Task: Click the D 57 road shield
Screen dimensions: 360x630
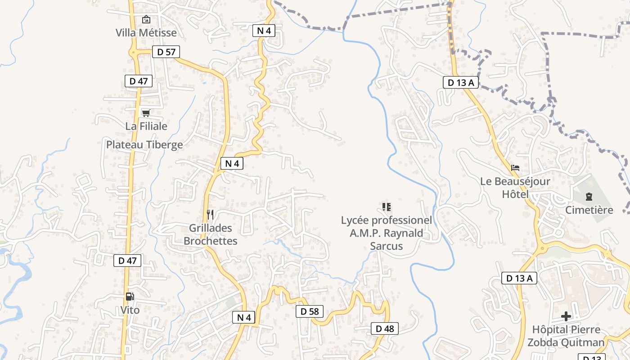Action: click(x=166, y=52)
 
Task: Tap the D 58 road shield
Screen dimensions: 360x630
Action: click(x=310, y=311)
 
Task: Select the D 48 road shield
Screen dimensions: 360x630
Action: click(x=385, y=328)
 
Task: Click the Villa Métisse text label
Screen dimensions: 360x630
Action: click(x=146, y=33)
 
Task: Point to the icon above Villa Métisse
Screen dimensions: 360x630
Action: click(x=146, y=19)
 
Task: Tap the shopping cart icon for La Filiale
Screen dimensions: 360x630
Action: click(x=146, y=113)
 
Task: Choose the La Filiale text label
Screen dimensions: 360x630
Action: click(x=146, y=126)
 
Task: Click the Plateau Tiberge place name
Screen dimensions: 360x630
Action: click(x=144, y=144)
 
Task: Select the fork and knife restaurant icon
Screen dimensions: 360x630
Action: click(x=210, y=214)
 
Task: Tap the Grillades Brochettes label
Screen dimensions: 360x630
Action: click(x=211, y=234)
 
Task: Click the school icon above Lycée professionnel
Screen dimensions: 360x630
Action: click(x=386, y=207)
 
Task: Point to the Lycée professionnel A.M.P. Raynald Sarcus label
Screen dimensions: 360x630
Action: click(x=386, y=233)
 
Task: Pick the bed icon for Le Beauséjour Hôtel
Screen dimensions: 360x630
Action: click(x=515, y=168)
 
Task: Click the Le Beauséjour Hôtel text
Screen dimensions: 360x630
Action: click(x=515, y=188)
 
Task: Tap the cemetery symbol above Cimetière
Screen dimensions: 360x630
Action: click(x=589, y=196)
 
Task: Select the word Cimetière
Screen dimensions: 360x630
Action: click(x=589, y=210)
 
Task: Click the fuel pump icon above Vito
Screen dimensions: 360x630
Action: click(x=130, y=296)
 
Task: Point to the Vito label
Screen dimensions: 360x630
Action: click(x=130, y=310)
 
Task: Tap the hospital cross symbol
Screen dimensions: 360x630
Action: click(x=566, y=316)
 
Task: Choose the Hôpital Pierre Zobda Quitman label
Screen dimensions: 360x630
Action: click(x=566, y=336)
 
